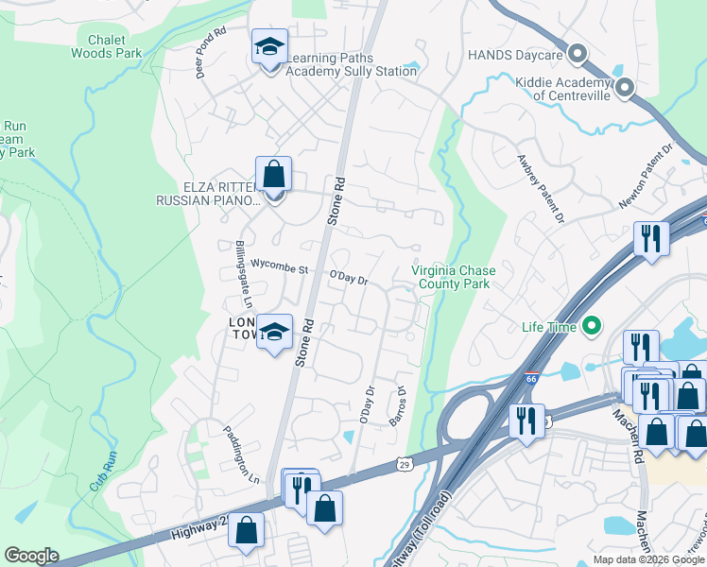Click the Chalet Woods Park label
pyautogui.click(x=106, y=46)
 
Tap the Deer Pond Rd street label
pyautogui.click(x=211, y=53)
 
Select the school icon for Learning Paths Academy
pyautogui.click(x=269, y=46)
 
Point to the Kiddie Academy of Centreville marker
pyautogui.click(x=625, y=88)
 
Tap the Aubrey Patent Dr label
pyautogui.click(x=540, y=190)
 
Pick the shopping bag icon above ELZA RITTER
pyautogui.click(x=273, y=175)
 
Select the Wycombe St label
pyautogui.click(x=280, y=269)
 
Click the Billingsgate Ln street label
pyautogui.click(x=243, y=274)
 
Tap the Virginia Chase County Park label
pyautogui.click(x=453, y=277)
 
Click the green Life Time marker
pyautogui.click(x=592, y=328)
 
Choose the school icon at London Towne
pyautogui.click(x=274, y=332)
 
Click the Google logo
pyautogui.click(x=32, y=556)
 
